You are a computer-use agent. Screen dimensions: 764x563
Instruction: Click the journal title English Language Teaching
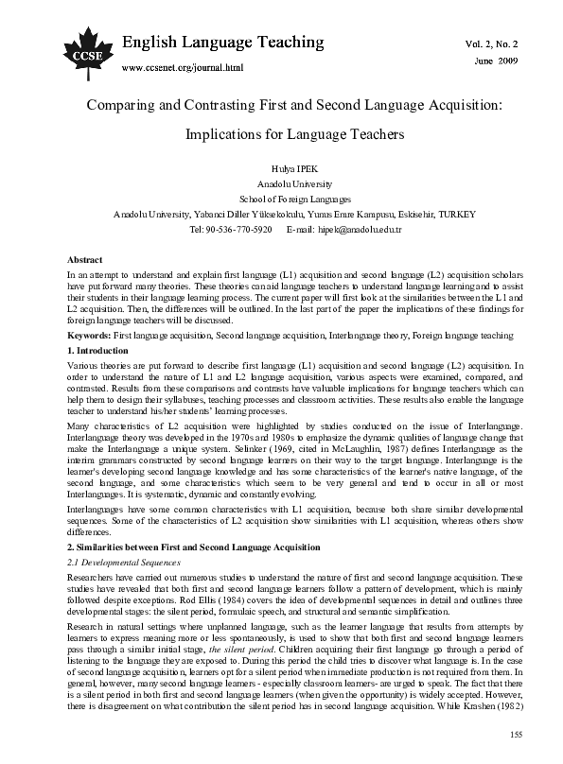224,43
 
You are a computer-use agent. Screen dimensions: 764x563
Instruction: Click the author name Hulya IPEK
281,167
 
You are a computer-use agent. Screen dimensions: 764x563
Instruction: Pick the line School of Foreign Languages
281,200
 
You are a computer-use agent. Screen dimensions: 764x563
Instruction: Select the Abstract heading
86,259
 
